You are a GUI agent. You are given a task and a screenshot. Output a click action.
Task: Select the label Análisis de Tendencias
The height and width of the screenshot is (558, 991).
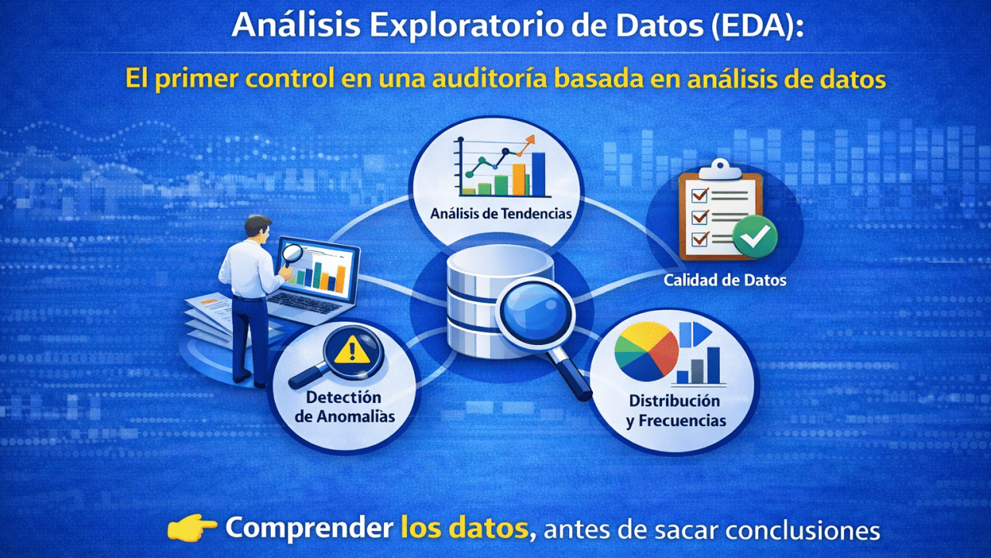tap(501, 213)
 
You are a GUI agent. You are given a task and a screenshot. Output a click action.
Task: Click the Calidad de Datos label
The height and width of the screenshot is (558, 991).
tap(725, 280)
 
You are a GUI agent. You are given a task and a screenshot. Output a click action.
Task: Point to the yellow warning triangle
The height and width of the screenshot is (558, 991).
tap(351, 350)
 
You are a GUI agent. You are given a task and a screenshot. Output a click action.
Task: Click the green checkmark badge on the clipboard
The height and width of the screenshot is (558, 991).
tap(755, 237)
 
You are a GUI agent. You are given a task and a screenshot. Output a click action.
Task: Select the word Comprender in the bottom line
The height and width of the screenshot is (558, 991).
tap(309, 529)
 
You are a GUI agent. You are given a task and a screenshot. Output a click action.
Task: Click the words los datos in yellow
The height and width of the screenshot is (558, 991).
tap(465, 528)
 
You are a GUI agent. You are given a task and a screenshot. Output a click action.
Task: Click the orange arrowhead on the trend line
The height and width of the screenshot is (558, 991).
tap(529, 141)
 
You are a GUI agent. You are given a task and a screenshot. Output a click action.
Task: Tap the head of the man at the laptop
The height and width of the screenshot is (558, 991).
tap(258, 227)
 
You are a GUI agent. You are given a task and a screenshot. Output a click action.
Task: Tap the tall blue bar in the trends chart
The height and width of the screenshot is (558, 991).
tap(538, 174)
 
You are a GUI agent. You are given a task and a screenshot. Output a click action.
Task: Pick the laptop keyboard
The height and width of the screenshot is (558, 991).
tap(305, 303)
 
